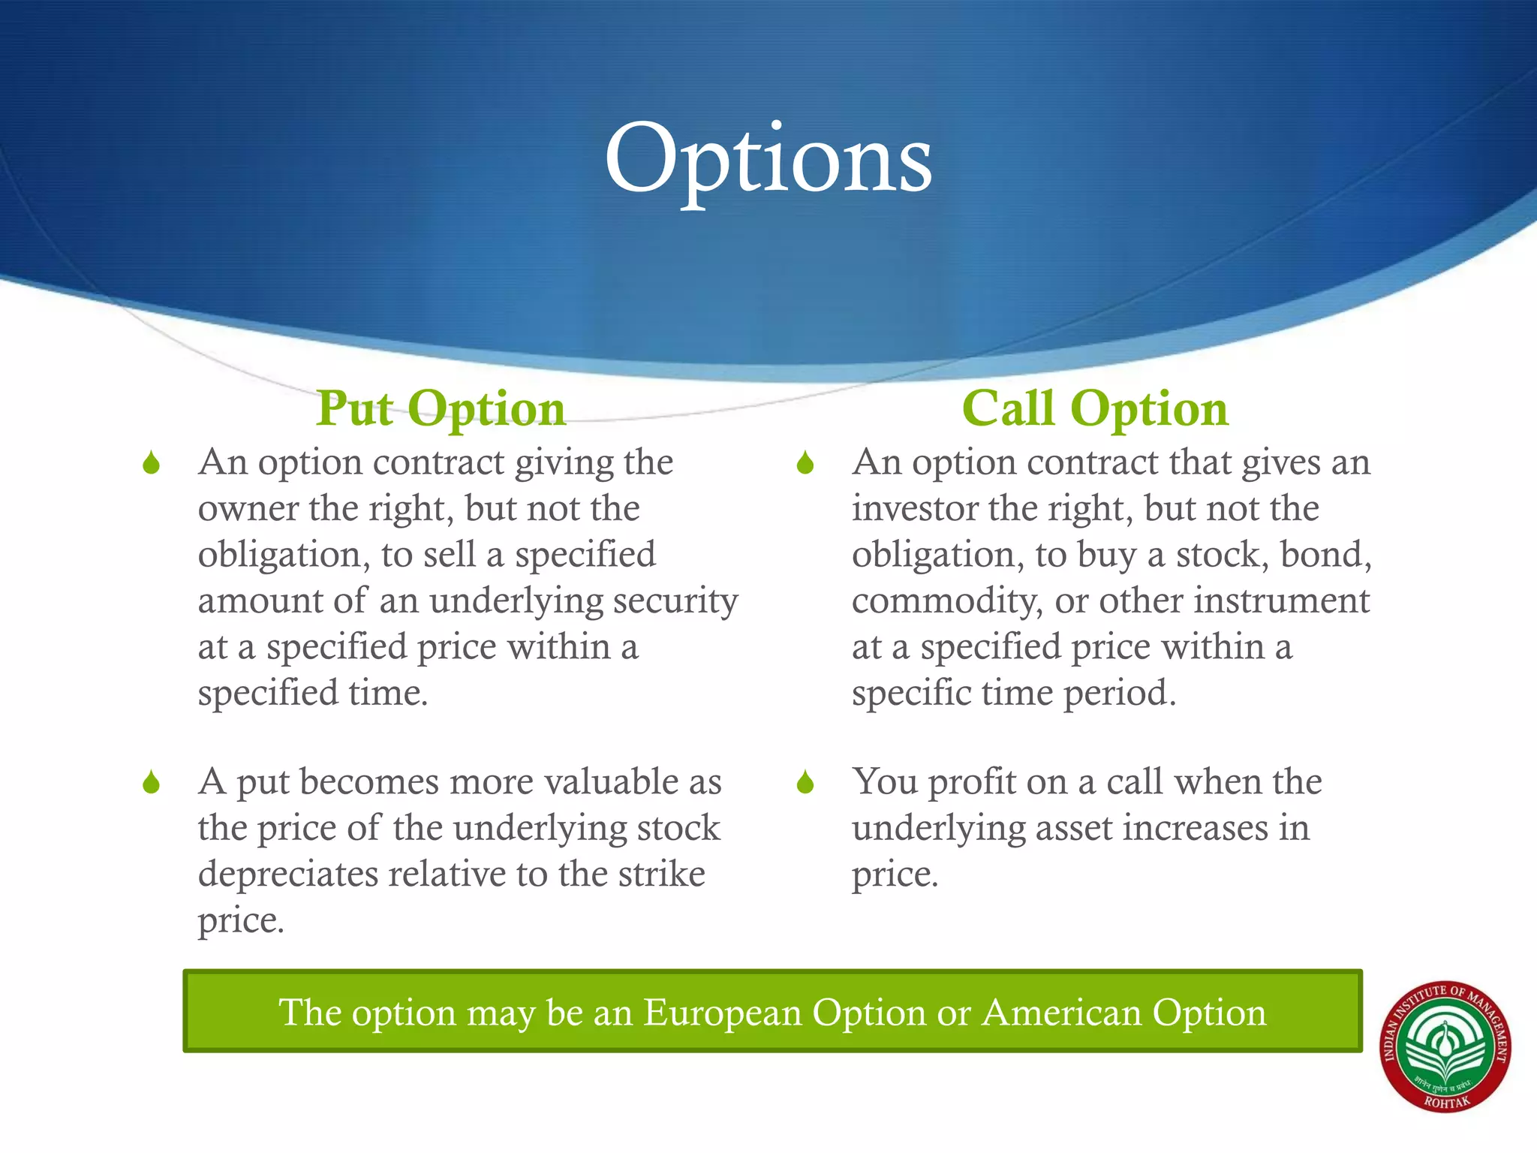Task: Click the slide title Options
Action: pyautogui.click(x=768, y=159)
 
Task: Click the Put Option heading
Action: pyautogui.click(x=441, y=409)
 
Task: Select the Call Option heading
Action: pyautogui.click(x=1095, y=409)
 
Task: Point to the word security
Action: pyautogui.click(x=675, y=601)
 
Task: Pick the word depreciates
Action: pyautogui.click(x=288, y=875)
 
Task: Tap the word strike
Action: pyautogui.click(x=661, y=875)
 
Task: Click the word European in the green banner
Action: pyautogui.click(x=723, y=1013)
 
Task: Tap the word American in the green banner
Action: pyautogui.click(x=1062, y=1013)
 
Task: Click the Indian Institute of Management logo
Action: pyautogui.click(x=1445, y=1047)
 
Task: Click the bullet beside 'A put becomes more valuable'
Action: pyautogui.click(x=152, y=783)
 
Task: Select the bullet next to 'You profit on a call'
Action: pyautogui.click(x=805, y=783)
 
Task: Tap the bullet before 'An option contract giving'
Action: pyautogui.click(x=152, y=463)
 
